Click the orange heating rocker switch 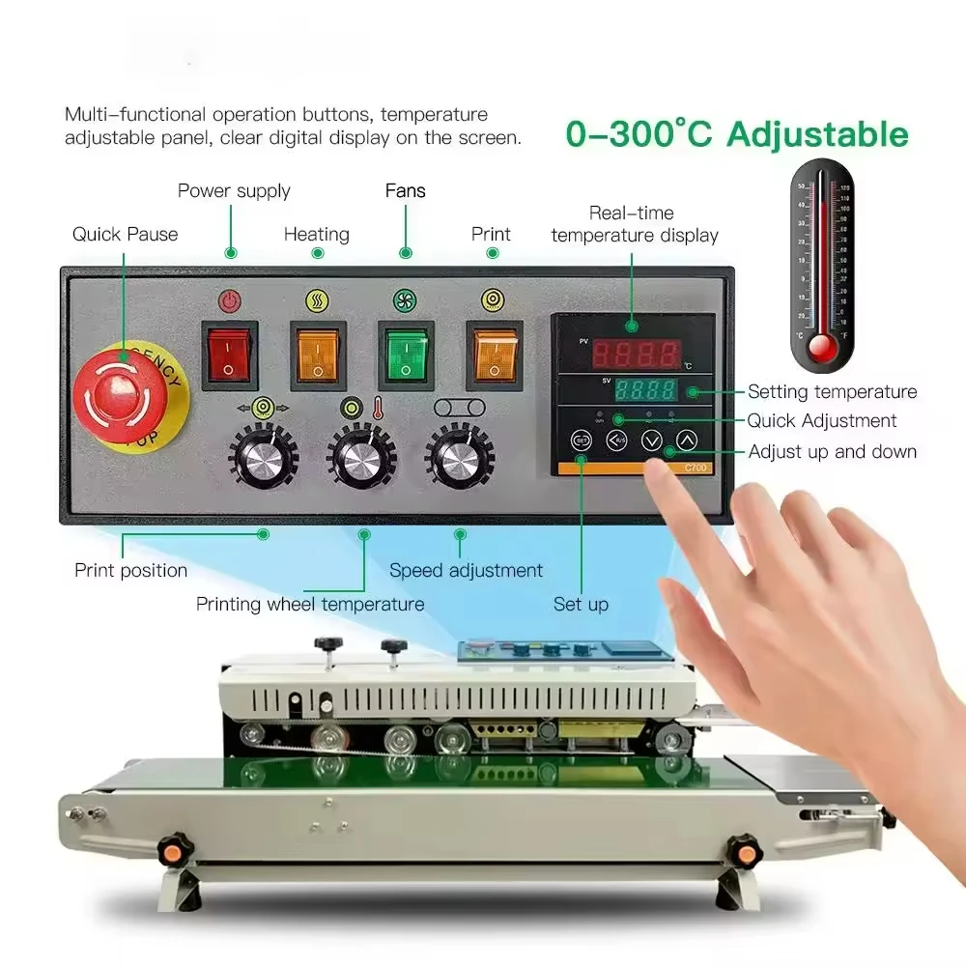tap(317, 354)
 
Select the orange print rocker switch tap(494, 354)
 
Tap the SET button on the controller tap(581, 440)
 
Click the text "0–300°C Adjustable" tap(736, 133)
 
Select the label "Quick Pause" tap(125, 234)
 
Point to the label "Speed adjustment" tap(466, 570)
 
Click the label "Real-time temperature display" tap(635, 224)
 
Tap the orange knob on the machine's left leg tap(174, 849)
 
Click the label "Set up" tap(581, 604)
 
